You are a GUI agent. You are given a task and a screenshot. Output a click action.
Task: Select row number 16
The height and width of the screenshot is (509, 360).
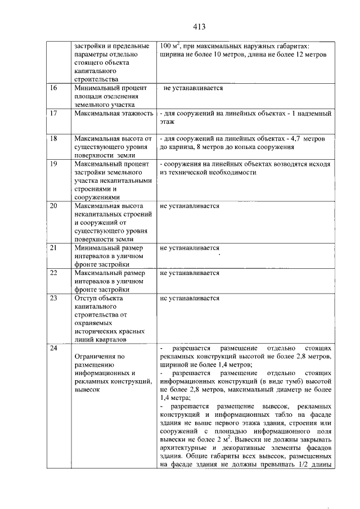54,88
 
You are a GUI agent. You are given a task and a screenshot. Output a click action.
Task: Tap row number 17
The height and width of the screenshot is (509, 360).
54,114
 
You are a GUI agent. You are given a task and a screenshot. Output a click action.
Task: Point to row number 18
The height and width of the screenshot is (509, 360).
54,138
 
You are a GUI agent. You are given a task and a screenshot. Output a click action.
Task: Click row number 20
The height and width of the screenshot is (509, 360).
54,206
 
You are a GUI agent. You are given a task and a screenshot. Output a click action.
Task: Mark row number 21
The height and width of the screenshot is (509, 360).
54,247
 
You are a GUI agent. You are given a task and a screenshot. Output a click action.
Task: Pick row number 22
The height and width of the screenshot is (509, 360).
54,273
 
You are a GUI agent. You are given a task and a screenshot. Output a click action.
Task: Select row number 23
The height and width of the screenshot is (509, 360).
54,298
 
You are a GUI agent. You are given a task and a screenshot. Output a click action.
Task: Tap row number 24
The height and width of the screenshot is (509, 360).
54,349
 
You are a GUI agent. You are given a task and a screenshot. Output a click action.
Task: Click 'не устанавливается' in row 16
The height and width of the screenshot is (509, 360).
193,88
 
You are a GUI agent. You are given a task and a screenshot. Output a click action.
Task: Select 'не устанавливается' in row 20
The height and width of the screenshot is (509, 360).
190,206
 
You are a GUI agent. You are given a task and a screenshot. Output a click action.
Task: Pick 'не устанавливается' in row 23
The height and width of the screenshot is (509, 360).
190,298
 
